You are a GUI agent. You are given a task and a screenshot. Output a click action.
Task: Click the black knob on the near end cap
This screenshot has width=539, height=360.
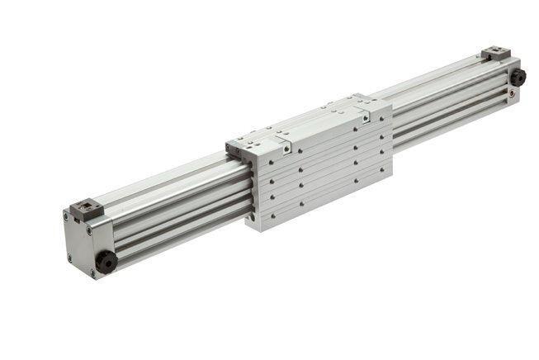point(106,260)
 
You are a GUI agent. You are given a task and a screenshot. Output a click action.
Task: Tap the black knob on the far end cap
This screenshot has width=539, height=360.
point(518,77)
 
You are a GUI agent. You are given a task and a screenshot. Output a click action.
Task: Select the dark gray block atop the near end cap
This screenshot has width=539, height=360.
point(85,209)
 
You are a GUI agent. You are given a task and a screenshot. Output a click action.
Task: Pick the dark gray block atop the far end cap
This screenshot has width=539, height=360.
point(496,53)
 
